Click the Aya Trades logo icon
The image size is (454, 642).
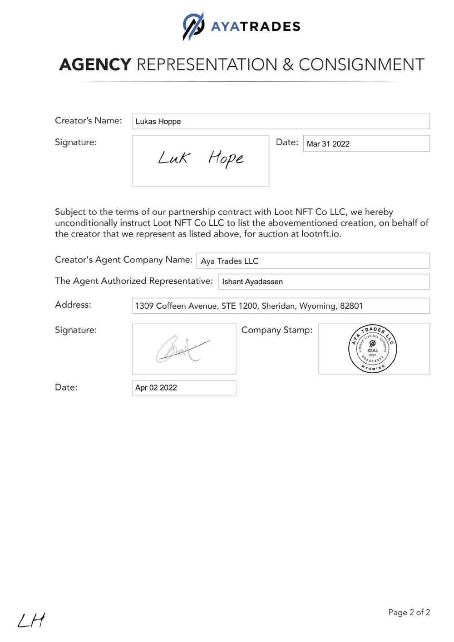tap(193, 26)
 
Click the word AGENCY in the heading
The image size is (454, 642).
tap(95, 65)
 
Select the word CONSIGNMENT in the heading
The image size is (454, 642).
tap(361, 65)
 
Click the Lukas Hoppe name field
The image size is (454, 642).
tap(281, 121)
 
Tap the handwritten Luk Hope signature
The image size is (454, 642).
tap(201, 158)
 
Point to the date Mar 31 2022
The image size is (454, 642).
tap(328, 144)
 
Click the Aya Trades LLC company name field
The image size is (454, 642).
tap(313, 261)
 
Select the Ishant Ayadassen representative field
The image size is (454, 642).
tap(324, 281)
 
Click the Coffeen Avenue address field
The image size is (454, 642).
tap(281, 306)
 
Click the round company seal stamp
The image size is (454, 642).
tap(373, 349)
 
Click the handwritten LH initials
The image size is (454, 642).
tap(31, 620)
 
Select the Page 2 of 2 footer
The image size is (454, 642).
tap(409, 612)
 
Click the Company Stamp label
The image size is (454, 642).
tap(277, 330)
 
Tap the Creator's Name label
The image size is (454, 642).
tap(89, 121)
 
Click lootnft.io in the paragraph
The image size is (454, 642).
tap(321, 234)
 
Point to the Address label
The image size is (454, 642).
tap(73, 305)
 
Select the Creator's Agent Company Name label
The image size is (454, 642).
tap(123, 260)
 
